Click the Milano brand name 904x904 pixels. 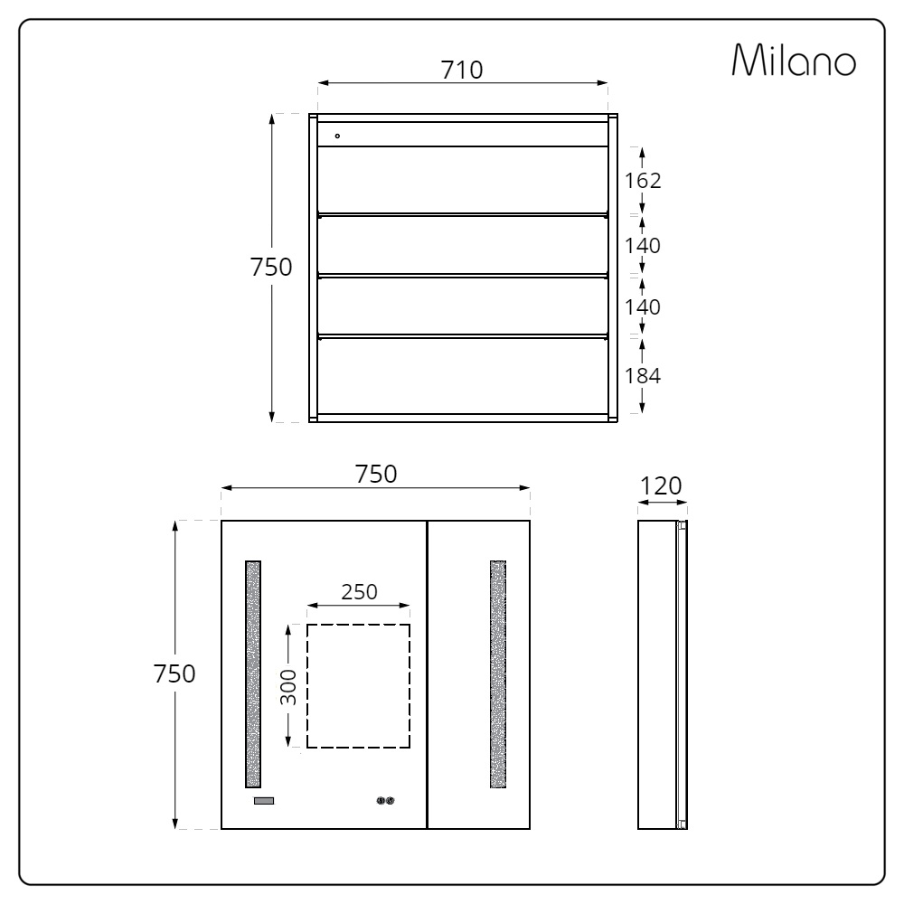794,60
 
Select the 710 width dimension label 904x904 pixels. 462,70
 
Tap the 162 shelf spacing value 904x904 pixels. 643,181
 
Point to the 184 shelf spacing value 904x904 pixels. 643,376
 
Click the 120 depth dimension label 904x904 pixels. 662,486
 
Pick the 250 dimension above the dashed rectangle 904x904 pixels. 359,591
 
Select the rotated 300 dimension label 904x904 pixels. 288,687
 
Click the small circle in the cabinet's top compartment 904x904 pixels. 337,137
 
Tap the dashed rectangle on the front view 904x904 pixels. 306,686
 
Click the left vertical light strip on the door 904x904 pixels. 253,674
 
